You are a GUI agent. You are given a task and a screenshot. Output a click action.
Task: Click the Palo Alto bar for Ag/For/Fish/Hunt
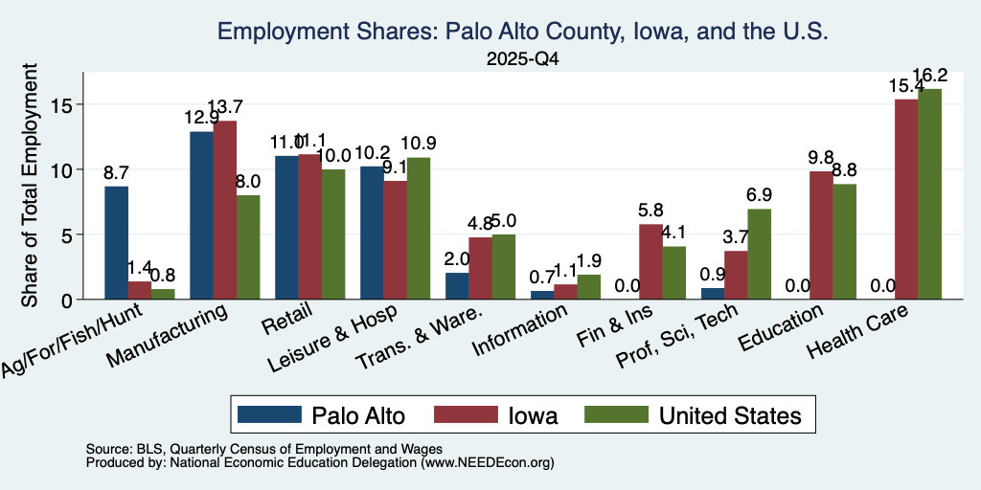(116, 242)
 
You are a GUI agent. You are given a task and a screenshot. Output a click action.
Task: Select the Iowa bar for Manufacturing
(224, 210)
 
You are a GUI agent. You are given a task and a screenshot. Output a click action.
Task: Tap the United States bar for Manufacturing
(248, 248)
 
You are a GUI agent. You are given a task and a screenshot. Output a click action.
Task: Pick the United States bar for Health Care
(929, 193)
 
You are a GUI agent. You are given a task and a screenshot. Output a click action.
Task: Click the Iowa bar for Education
(821, 235)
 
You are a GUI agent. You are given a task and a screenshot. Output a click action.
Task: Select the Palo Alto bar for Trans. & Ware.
(457, 286)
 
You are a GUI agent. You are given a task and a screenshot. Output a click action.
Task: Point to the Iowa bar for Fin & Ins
(650, 261)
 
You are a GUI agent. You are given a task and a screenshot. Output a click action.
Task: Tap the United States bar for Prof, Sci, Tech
(759, 255)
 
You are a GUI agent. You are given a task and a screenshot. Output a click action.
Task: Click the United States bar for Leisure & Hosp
(418, 228)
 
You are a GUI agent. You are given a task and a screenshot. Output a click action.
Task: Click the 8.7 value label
(116, 173)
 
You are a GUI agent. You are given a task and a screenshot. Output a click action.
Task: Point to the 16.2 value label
(930, 76)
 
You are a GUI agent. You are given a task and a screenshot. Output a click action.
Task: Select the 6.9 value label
(759, 195)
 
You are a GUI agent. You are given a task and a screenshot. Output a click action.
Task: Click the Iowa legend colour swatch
(467, 414)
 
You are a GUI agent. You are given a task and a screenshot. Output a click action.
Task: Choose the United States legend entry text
(730, 415)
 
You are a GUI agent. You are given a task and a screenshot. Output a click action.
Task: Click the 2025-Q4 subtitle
(522, 59)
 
